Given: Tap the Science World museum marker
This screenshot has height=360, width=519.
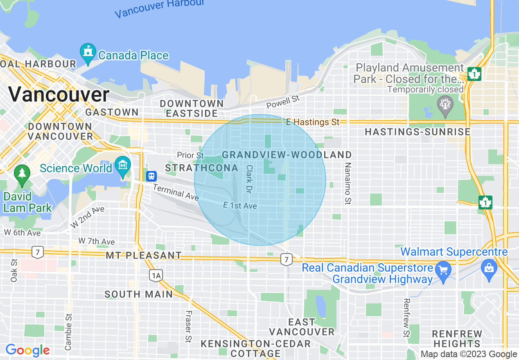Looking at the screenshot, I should click(123, 166).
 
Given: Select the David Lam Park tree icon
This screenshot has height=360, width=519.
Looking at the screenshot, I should click(22, 174).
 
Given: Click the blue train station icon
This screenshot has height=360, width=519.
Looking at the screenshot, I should click(151, 176).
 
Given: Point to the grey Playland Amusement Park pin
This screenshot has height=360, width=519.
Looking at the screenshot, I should click(445, 104).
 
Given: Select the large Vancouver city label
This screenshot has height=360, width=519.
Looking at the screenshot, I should click(59, 95).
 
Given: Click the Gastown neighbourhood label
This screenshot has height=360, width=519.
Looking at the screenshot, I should click(112, 112).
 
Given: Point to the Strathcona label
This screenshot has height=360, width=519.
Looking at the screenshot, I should click(201, 168).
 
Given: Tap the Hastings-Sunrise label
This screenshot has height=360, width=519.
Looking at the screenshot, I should click(417, 132).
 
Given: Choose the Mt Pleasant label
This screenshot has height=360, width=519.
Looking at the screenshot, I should click(144, 256).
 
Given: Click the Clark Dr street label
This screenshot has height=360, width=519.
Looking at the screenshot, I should click(248, 179).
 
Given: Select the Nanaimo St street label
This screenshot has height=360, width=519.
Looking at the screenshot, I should click(348, 183).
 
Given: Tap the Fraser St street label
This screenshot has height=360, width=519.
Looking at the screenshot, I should click(189, 326).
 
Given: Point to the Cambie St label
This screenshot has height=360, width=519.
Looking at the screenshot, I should click(68, 331).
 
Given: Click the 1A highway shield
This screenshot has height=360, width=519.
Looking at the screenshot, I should click(156, 276).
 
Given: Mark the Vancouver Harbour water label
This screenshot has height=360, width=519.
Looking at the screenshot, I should click(160, 8).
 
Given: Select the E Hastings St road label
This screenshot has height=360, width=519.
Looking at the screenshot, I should click(313, 122).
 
